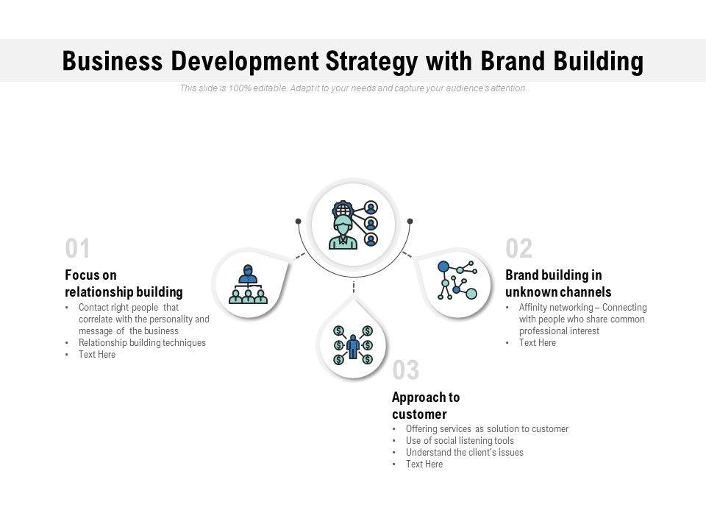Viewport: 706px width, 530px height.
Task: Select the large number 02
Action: click(x=518, y=250)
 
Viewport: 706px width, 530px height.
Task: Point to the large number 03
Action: click(x=406, y=370)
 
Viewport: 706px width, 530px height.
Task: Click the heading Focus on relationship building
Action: click(x=124, y=283)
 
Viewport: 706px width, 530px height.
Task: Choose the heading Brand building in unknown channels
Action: click(x=558, y=283)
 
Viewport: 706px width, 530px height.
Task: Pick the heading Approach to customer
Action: click(x=426, y=406)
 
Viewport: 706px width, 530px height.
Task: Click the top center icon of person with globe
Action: click(x=354, y=224)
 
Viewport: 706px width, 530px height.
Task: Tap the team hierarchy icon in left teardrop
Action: click(x=248, y=284)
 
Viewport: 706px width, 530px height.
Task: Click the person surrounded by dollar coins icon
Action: click(x=353, y=344)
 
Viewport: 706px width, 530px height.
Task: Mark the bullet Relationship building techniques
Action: click(x=142, y=343)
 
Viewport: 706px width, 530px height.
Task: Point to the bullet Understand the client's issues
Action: click(x=464, y=453)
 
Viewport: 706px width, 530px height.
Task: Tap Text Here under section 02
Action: click(x=537, y=343)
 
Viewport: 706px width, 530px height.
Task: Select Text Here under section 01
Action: click(x=97, y=355)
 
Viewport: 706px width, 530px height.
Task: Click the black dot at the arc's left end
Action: click(x=298, y=221)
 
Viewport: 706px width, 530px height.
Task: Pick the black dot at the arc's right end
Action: click(x=410, y=221)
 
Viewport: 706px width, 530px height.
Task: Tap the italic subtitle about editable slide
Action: click(x=353, y=88)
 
